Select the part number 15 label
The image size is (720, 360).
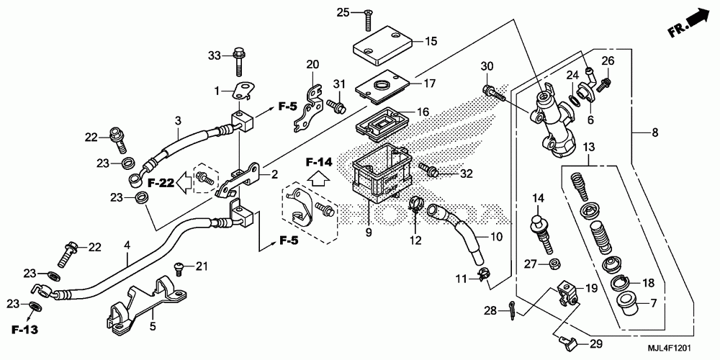[431, 41]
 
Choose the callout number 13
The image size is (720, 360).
[589, 147]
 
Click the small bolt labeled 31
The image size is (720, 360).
[334, 106]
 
